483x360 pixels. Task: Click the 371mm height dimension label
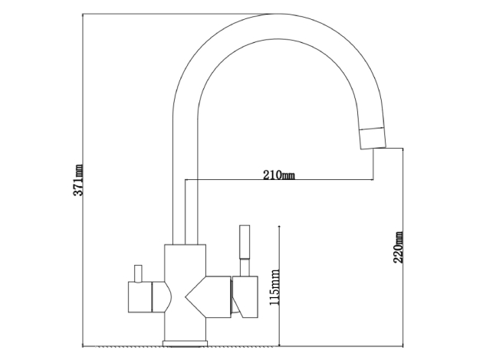click(78, 180)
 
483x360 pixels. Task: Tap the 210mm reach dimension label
click(279, 175)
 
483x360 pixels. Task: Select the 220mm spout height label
click(398, 247)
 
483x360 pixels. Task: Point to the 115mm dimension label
click(274, 287)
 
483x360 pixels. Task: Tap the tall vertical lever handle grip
click(245, 242)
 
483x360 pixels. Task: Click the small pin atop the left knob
click(138, 273)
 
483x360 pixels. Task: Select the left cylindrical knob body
click(140, 296)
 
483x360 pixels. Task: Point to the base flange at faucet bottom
click(185, 343)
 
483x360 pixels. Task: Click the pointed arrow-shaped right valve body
click(208, 297)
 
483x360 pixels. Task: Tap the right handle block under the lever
click(245, 297)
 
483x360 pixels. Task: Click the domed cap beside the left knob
click(162, 296)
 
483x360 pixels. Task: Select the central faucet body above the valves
click(185, 260)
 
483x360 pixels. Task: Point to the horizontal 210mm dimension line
click(279, 180)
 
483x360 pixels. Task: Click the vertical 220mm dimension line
click(403, 247)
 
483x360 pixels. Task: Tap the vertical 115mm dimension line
click(279, 286)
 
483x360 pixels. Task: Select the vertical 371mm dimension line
click(83, 180)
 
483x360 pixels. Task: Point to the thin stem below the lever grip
click(245, 267)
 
